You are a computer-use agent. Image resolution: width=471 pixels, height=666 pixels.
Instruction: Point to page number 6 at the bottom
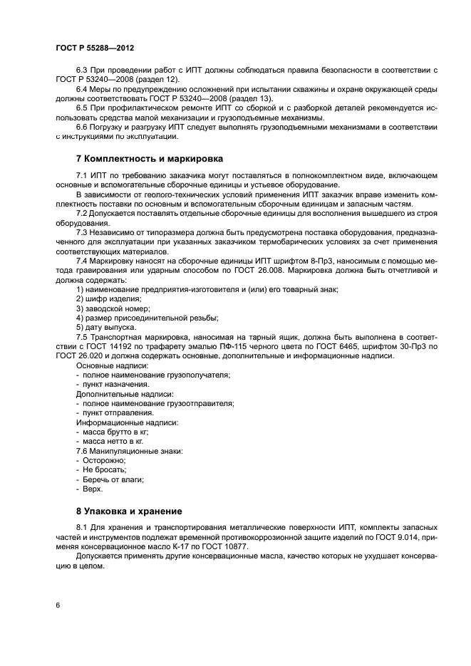[56, 605]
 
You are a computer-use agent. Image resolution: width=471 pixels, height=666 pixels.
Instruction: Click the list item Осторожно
[104, 461]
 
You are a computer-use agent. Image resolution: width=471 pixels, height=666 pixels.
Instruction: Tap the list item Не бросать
[104, 470]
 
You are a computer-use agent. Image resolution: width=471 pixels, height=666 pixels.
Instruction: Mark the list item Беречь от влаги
[113, 479]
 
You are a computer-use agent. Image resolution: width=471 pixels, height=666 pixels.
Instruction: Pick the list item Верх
[93, 489]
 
